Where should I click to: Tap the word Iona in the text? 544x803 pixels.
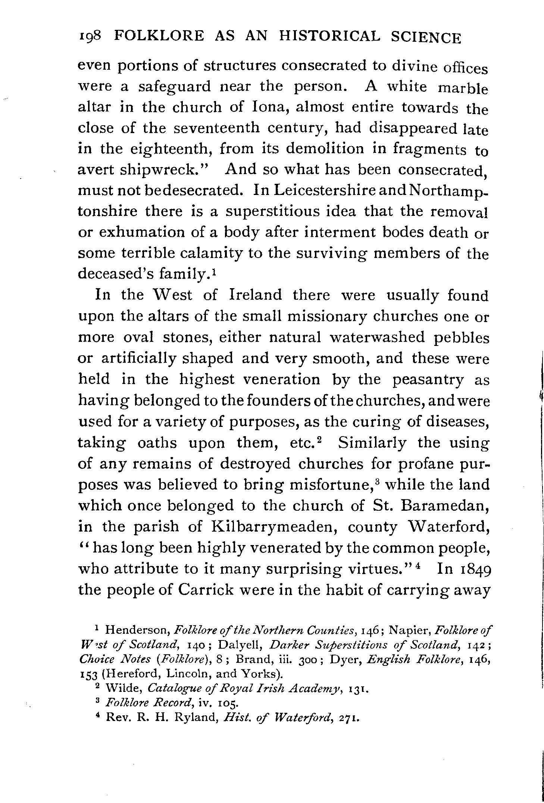(x=269, y=107)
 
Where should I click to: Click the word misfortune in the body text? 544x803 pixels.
(x=328, y=485)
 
